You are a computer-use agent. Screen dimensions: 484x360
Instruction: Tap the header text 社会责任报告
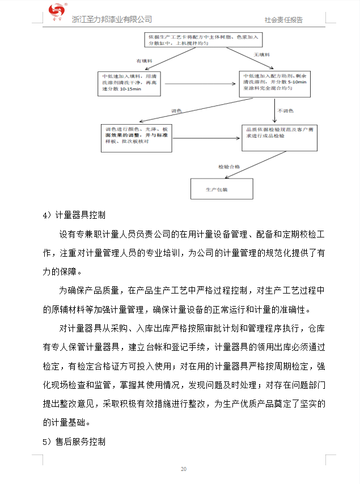click(283, 20)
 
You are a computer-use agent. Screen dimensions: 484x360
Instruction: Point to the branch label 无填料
click(261, 54)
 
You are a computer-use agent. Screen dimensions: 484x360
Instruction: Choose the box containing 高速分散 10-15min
click(126, 83)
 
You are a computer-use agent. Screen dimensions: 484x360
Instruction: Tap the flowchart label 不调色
click(286, 110)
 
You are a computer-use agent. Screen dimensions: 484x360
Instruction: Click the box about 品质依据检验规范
click(279, 137)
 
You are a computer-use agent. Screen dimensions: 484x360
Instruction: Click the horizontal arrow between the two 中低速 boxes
click(196, 84)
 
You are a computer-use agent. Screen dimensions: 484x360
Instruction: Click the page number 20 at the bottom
click(183, 469)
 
